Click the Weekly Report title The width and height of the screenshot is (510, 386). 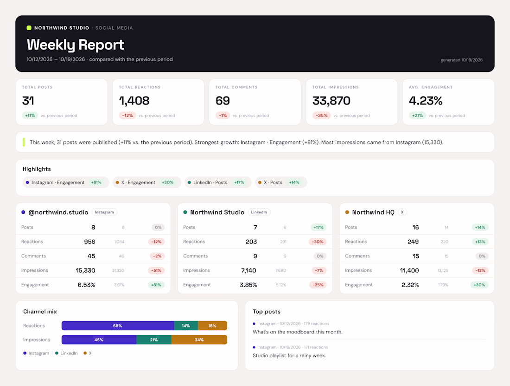pyautogui.click(x=76, y=45)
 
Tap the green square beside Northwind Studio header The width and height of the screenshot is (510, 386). pyautogui.click(x=29, y=28)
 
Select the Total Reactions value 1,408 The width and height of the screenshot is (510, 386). pyautogui.click(x=134, y=101)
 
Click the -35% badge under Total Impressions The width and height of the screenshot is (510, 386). pyautogui.click(x=322, y=115)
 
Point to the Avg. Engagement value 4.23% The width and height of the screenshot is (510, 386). pyautogui.click(x=426, y=101)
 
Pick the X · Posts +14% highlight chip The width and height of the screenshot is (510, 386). pyautogui.click(x=281, y=183)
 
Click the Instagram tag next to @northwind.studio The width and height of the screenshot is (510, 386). pyautogui.click(x=104, y=212)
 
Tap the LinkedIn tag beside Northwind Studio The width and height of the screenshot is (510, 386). pyautogui.click(x=259, y=212)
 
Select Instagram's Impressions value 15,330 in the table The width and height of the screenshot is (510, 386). pyautogui.click(x=86, y=270)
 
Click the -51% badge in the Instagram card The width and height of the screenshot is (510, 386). pyautogui.click(x=156, y=270)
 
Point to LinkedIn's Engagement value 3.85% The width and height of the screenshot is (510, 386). pyautogui.click(x=249, y=285)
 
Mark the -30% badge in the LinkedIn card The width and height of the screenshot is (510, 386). pyautogui.click(x=318, y=242)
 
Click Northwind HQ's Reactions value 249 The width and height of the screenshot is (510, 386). pyautogui.click(x=413, y=242)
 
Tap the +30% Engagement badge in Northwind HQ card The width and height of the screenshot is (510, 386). pyautogui.click(x=479, y=285)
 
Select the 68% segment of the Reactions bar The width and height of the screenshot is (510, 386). pyautogui.click(x=118, y=326)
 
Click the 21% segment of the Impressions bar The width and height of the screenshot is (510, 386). pyautogui.click(x=154, y=340)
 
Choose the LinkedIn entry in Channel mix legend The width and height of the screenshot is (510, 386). pyautogui.click(x=66, y=353)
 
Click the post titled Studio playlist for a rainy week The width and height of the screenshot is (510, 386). pyautogui.click(x=289, y=355)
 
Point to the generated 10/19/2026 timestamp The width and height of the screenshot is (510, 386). pyautogui.click(x=461, y=60)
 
